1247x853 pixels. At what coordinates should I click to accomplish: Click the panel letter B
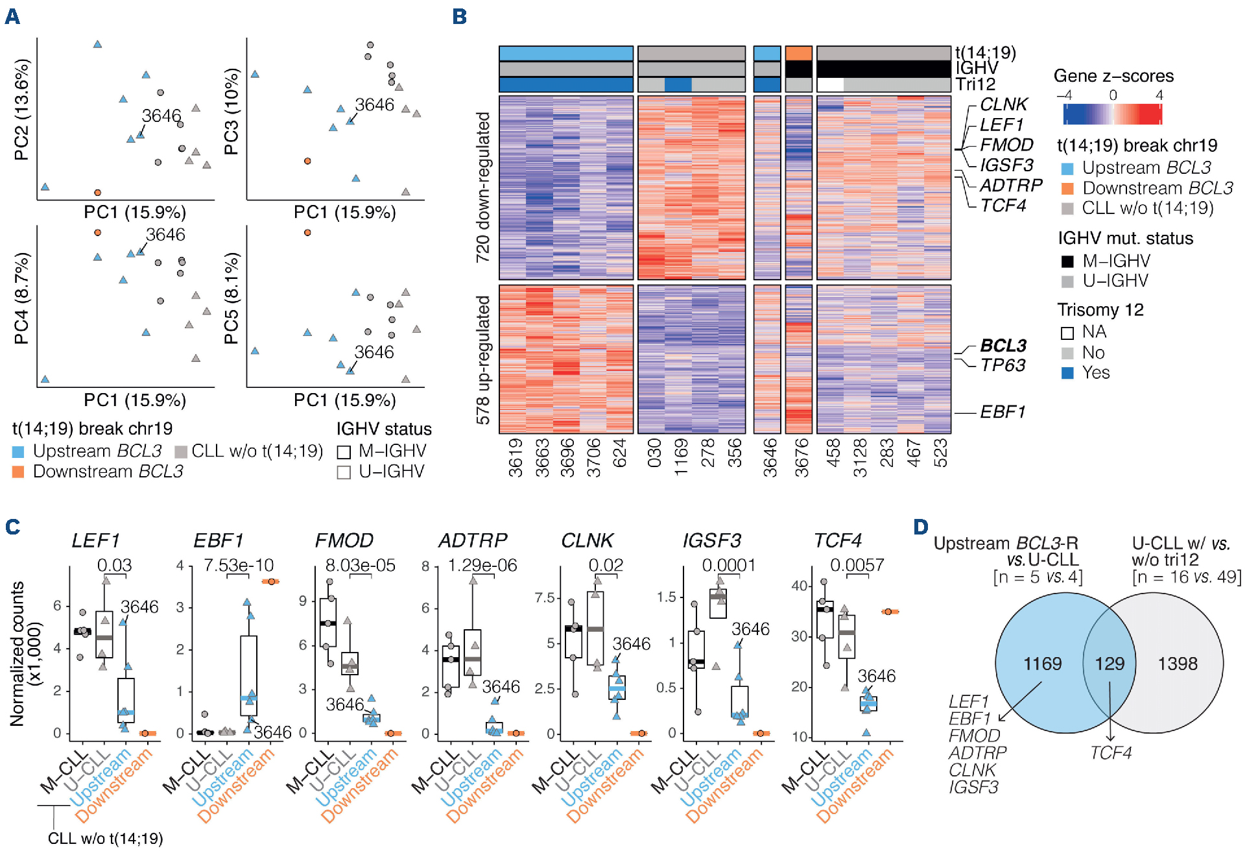tap(459, 16)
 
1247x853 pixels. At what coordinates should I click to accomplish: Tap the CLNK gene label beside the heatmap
tap(1003, 104)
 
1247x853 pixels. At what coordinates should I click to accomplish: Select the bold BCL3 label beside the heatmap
tap(1003, 345)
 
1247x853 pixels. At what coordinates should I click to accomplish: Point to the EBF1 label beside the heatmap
tap(1002, 412)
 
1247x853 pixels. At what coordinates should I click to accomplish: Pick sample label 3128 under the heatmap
tap(860, 457)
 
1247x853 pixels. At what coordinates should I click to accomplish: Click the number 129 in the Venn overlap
tap(1110, 664)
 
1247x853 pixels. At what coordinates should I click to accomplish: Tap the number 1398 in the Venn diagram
tap(1178, 664)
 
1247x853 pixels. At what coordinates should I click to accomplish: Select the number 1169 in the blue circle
tap(1042, 664)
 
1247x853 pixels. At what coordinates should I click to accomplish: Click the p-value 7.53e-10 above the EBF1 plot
tap(239, 566)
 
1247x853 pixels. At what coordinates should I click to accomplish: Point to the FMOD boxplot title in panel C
tap(344, 540)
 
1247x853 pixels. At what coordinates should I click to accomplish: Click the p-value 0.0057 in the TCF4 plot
tap(857, 566)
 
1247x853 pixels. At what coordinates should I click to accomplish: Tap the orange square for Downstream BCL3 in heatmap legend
tap(1067, 189)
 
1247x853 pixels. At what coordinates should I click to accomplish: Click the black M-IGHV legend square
tap(1067, 261)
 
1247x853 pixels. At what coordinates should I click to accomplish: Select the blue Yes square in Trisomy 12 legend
tap(1067, 373)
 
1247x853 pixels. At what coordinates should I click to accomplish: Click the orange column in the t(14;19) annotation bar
tap(798, 53)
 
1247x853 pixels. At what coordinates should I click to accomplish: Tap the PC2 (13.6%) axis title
tap(21, 110)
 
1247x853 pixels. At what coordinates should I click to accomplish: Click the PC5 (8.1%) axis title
tap(232, 298)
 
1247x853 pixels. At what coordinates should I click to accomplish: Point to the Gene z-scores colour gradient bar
tap(1112, 114)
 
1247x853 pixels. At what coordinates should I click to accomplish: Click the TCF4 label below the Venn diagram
tap(1110, 752)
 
